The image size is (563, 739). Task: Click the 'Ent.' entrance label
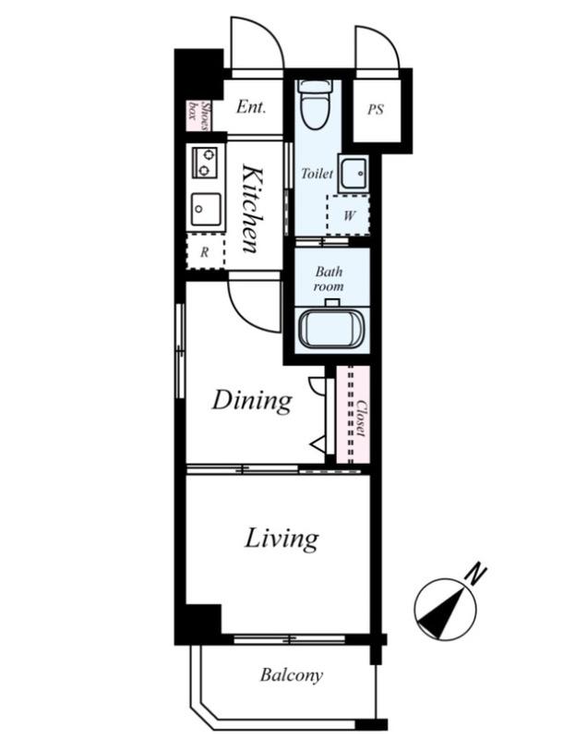click(251, 107)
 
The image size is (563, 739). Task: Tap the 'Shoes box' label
click(198, 116)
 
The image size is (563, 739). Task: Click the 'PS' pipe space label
click(376, 110)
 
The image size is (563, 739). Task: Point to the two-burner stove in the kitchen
click(204, 163)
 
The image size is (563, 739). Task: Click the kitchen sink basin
click(205, 209)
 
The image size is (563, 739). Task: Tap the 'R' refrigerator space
click(205, 252)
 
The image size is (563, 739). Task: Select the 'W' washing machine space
click(348, 215)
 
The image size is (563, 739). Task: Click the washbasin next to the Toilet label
click(353, 173)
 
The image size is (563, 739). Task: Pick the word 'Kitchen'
click(253, 209)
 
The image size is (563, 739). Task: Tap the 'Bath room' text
click(329, 279)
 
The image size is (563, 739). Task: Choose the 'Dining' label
click(252, 401)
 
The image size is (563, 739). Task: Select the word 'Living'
click(281, 539)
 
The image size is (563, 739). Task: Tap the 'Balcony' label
click(292, 675)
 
